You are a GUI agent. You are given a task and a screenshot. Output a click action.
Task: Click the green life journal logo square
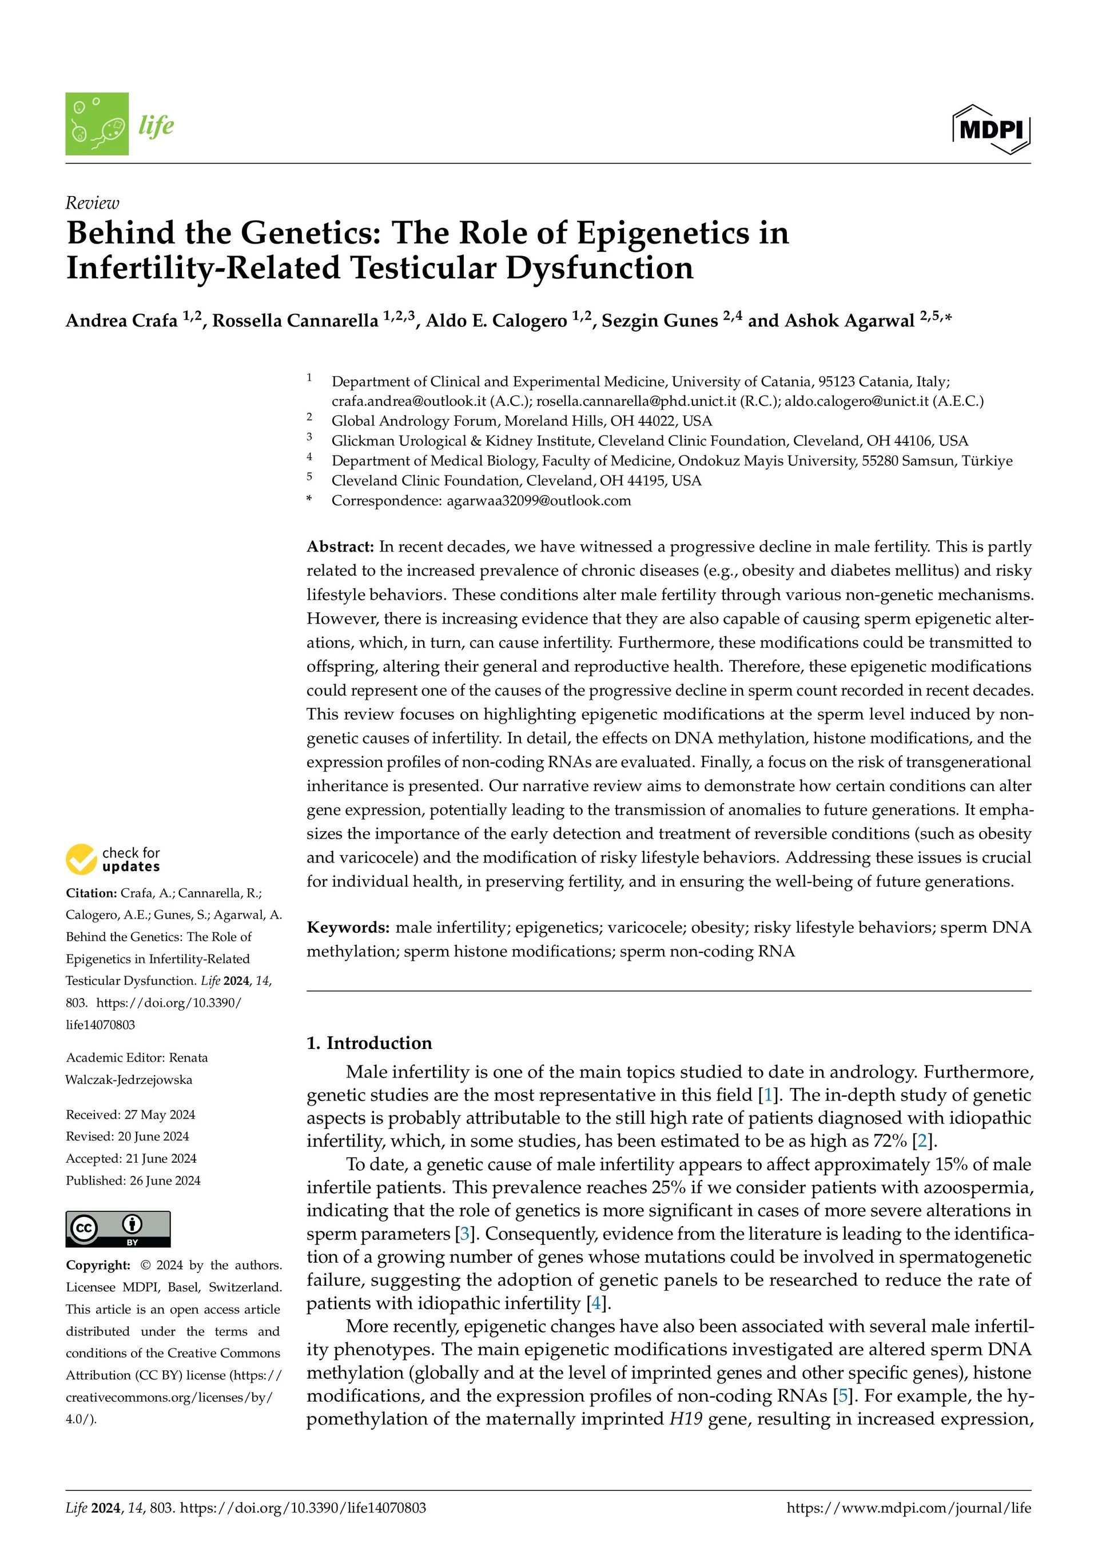coord(97,123)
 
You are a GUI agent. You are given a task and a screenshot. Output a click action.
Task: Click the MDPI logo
coord(991,129)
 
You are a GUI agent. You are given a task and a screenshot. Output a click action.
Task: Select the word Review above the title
coord(92,204)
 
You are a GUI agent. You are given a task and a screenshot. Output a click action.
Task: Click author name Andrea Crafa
coord(122,321)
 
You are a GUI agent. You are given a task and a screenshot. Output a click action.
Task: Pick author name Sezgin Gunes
coord(659,321)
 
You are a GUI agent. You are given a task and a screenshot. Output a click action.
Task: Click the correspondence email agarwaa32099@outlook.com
coord(539,501)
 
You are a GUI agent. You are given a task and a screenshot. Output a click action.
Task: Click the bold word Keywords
coord(348,927)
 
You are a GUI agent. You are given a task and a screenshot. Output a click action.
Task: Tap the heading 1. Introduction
coord(369,1043)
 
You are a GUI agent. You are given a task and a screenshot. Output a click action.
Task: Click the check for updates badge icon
coord(81,859)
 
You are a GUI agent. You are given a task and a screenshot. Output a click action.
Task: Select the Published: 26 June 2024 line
coord(133,1181)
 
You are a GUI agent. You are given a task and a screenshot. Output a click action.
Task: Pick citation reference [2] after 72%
coord(923,1142)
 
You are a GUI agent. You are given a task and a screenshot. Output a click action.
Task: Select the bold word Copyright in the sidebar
coord(97,1266)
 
